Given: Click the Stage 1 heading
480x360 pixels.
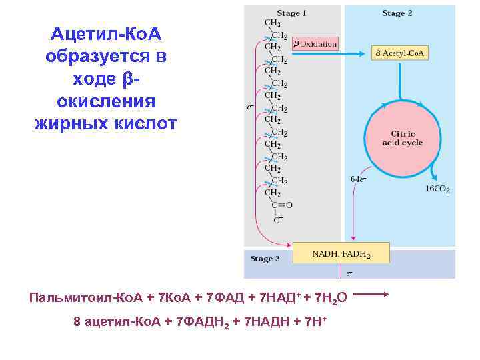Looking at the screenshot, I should [x=293, y=13].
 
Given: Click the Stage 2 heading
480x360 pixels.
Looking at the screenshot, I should [x=397, y=13].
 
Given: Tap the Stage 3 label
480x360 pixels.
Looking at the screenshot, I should [x=265, y=259].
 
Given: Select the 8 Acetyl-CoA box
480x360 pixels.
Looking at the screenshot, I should [x=400, y=53].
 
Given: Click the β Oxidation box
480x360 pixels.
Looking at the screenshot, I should [x=315, y=44].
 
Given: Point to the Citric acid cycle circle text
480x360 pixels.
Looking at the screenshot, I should [x=402, y=138].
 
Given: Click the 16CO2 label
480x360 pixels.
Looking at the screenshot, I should [x=437, y=189].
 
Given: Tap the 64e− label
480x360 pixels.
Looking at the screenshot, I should [x=358, y=179].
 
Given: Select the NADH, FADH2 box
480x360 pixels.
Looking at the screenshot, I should [x=341, y=254].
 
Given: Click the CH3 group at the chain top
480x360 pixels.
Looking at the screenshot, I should [x=273, y=23].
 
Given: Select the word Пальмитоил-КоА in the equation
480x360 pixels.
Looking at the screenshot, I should [x=73, y=297].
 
